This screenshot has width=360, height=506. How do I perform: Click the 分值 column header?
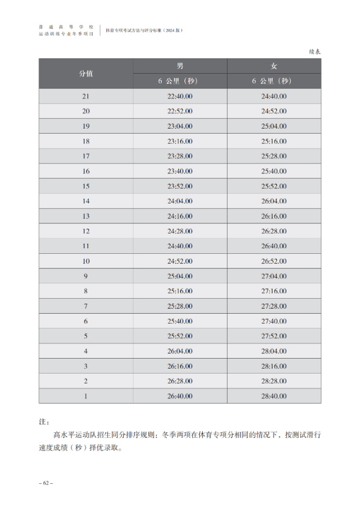(x=86, y=74)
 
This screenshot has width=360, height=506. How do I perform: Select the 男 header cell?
(x=180, y=66)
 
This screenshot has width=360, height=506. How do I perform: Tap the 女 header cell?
(x=274, y=66)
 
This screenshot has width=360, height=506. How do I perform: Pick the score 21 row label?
(x=86, y=96)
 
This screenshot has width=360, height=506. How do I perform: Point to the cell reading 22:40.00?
(x=180, y=96)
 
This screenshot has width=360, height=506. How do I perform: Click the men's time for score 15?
(x=180, y=186)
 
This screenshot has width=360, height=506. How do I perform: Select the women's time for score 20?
(x=274, y=111)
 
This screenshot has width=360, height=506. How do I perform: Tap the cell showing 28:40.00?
(x=274, y=396)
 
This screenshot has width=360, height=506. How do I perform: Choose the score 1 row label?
(x=86, y=396)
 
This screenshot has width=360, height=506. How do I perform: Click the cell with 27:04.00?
(x=274, y=276)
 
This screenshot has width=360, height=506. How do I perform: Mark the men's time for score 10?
(x=180, y=261)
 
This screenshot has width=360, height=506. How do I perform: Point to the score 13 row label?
(x=86, y=216)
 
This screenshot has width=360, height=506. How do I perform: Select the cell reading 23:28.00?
(x=180, y=156)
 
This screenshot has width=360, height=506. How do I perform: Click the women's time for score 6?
(x=274, y=321)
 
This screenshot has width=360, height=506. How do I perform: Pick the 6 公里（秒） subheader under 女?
(x=274, y=81)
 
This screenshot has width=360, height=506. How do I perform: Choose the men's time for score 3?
(x=180, y=366)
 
